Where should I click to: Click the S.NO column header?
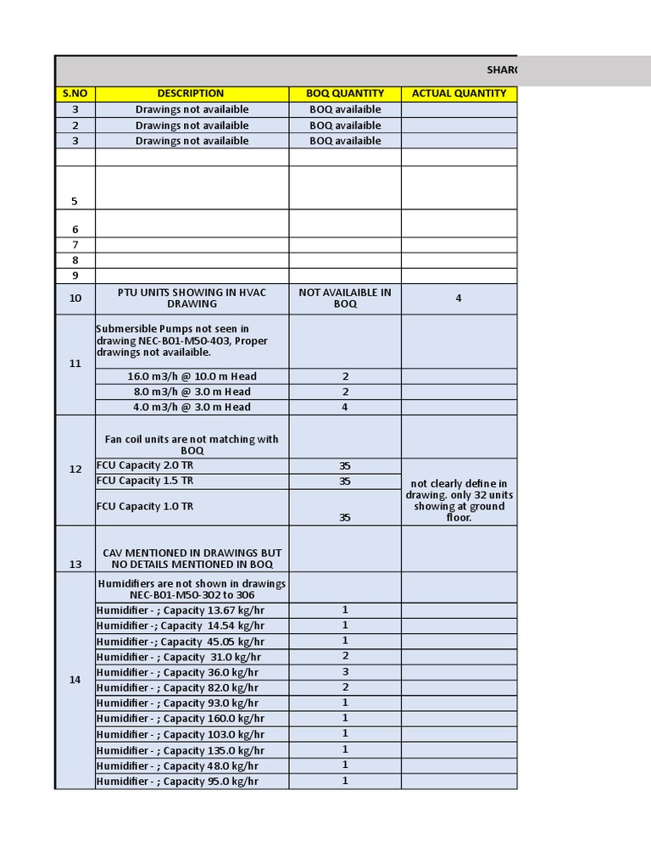point(75,93)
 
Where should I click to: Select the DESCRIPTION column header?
point(191,93)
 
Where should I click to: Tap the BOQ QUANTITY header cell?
point(345,93)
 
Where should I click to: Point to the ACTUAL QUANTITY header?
point(459,93)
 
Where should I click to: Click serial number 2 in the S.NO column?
point(75,125)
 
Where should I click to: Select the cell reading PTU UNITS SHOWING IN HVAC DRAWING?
point(192,298)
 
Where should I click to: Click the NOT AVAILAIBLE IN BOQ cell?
point(345,298)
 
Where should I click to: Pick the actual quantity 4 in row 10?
point(459,298)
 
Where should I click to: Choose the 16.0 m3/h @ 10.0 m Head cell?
point(192,376)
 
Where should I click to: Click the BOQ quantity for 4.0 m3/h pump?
point(345,407)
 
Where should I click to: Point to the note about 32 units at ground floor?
point(459,500)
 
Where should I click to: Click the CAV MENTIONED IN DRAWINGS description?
point(192,559)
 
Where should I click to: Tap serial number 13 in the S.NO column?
point(75,564)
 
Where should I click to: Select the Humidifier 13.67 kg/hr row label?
point(181,610)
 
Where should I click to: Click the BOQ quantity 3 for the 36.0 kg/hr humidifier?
point(345,672)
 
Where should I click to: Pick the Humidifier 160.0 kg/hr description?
point(181,719)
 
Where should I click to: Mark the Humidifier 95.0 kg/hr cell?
point(178,782)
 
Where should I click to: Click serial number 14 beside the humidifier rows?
point(75,680)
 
